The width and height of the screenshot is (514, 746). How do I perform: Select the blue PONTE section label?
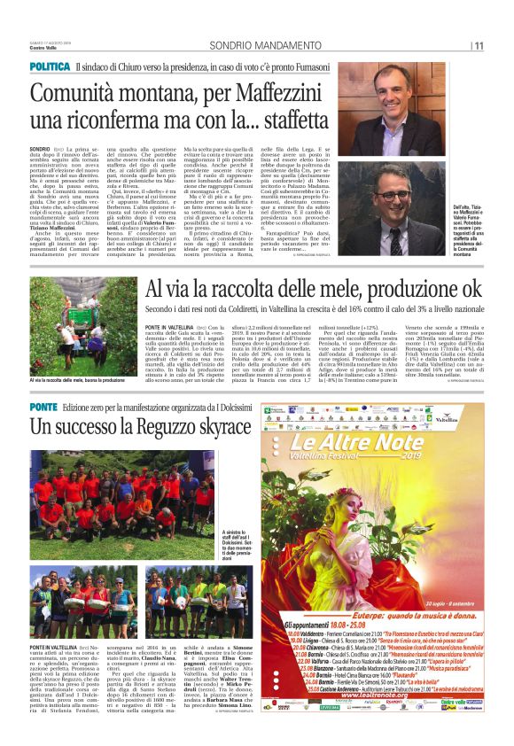click(x=43, y=405)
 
